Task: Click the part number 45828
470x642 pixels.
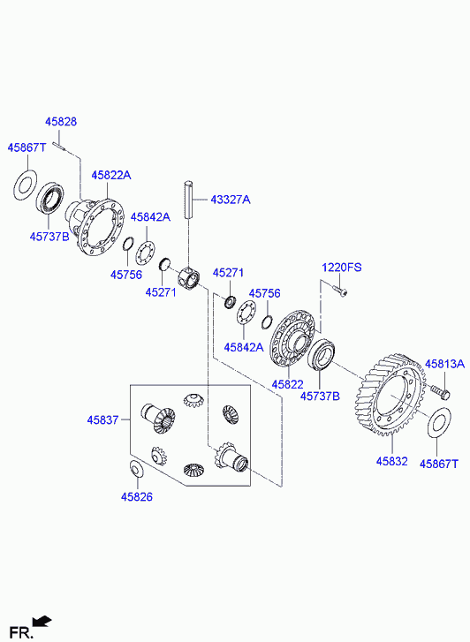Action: tap(61, 122)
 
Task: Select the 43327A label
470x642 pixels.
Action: tap(230, 200)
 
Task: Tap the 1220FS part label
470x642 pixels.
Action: tap(341, 268)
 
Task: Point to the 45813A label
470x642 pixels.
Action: tap(444, 364)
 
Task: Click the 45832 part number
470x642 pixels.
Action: tap(391, 461)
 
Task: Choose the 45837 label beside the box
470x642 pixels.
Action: tap(102, 419)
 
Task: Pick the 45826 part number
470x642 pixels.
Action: tap(136, 496)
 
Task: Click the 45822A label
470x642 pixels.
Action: tap(111, 175)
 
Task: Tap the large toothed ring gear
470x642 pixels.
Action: tap(390, 395)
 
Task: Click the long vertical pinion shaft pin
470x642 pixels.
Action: tap(188, 200)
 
